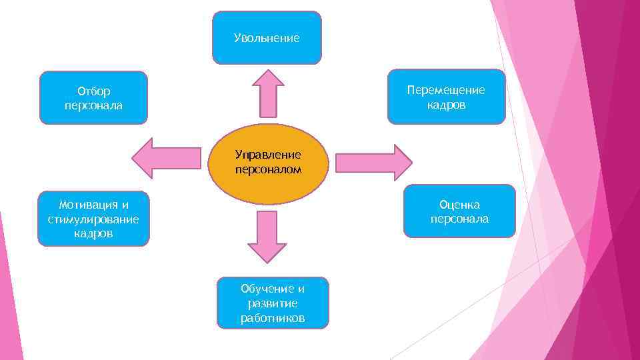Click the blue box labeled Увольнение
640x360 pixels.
coord(267,38)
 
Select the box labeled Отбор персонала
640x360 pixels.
coord(93,98)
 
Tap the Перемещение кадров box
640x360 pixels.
coord(446,97)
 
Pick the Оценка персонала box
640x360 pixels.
coord(459,211)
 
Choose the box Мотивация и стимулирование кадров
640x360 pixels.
coord(93,219)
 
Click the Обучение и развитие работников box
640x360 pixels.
coord(273,303)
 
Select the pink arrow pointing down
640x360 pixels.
coord(267,236)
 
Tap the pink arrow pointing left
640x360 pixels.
coord(167,159)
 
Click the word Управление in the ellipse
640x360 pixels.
coord(268,155)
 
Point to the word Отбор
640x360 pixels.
coord(94,91)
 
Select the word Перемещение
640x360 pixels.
coord(446,90)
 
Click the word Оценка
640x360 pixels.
coord(459,205)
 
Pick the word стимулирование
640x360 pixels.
coord(93,219)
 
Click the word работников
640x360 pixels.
coord(273,318)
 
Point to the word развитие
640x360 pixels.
coord(273,303)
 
